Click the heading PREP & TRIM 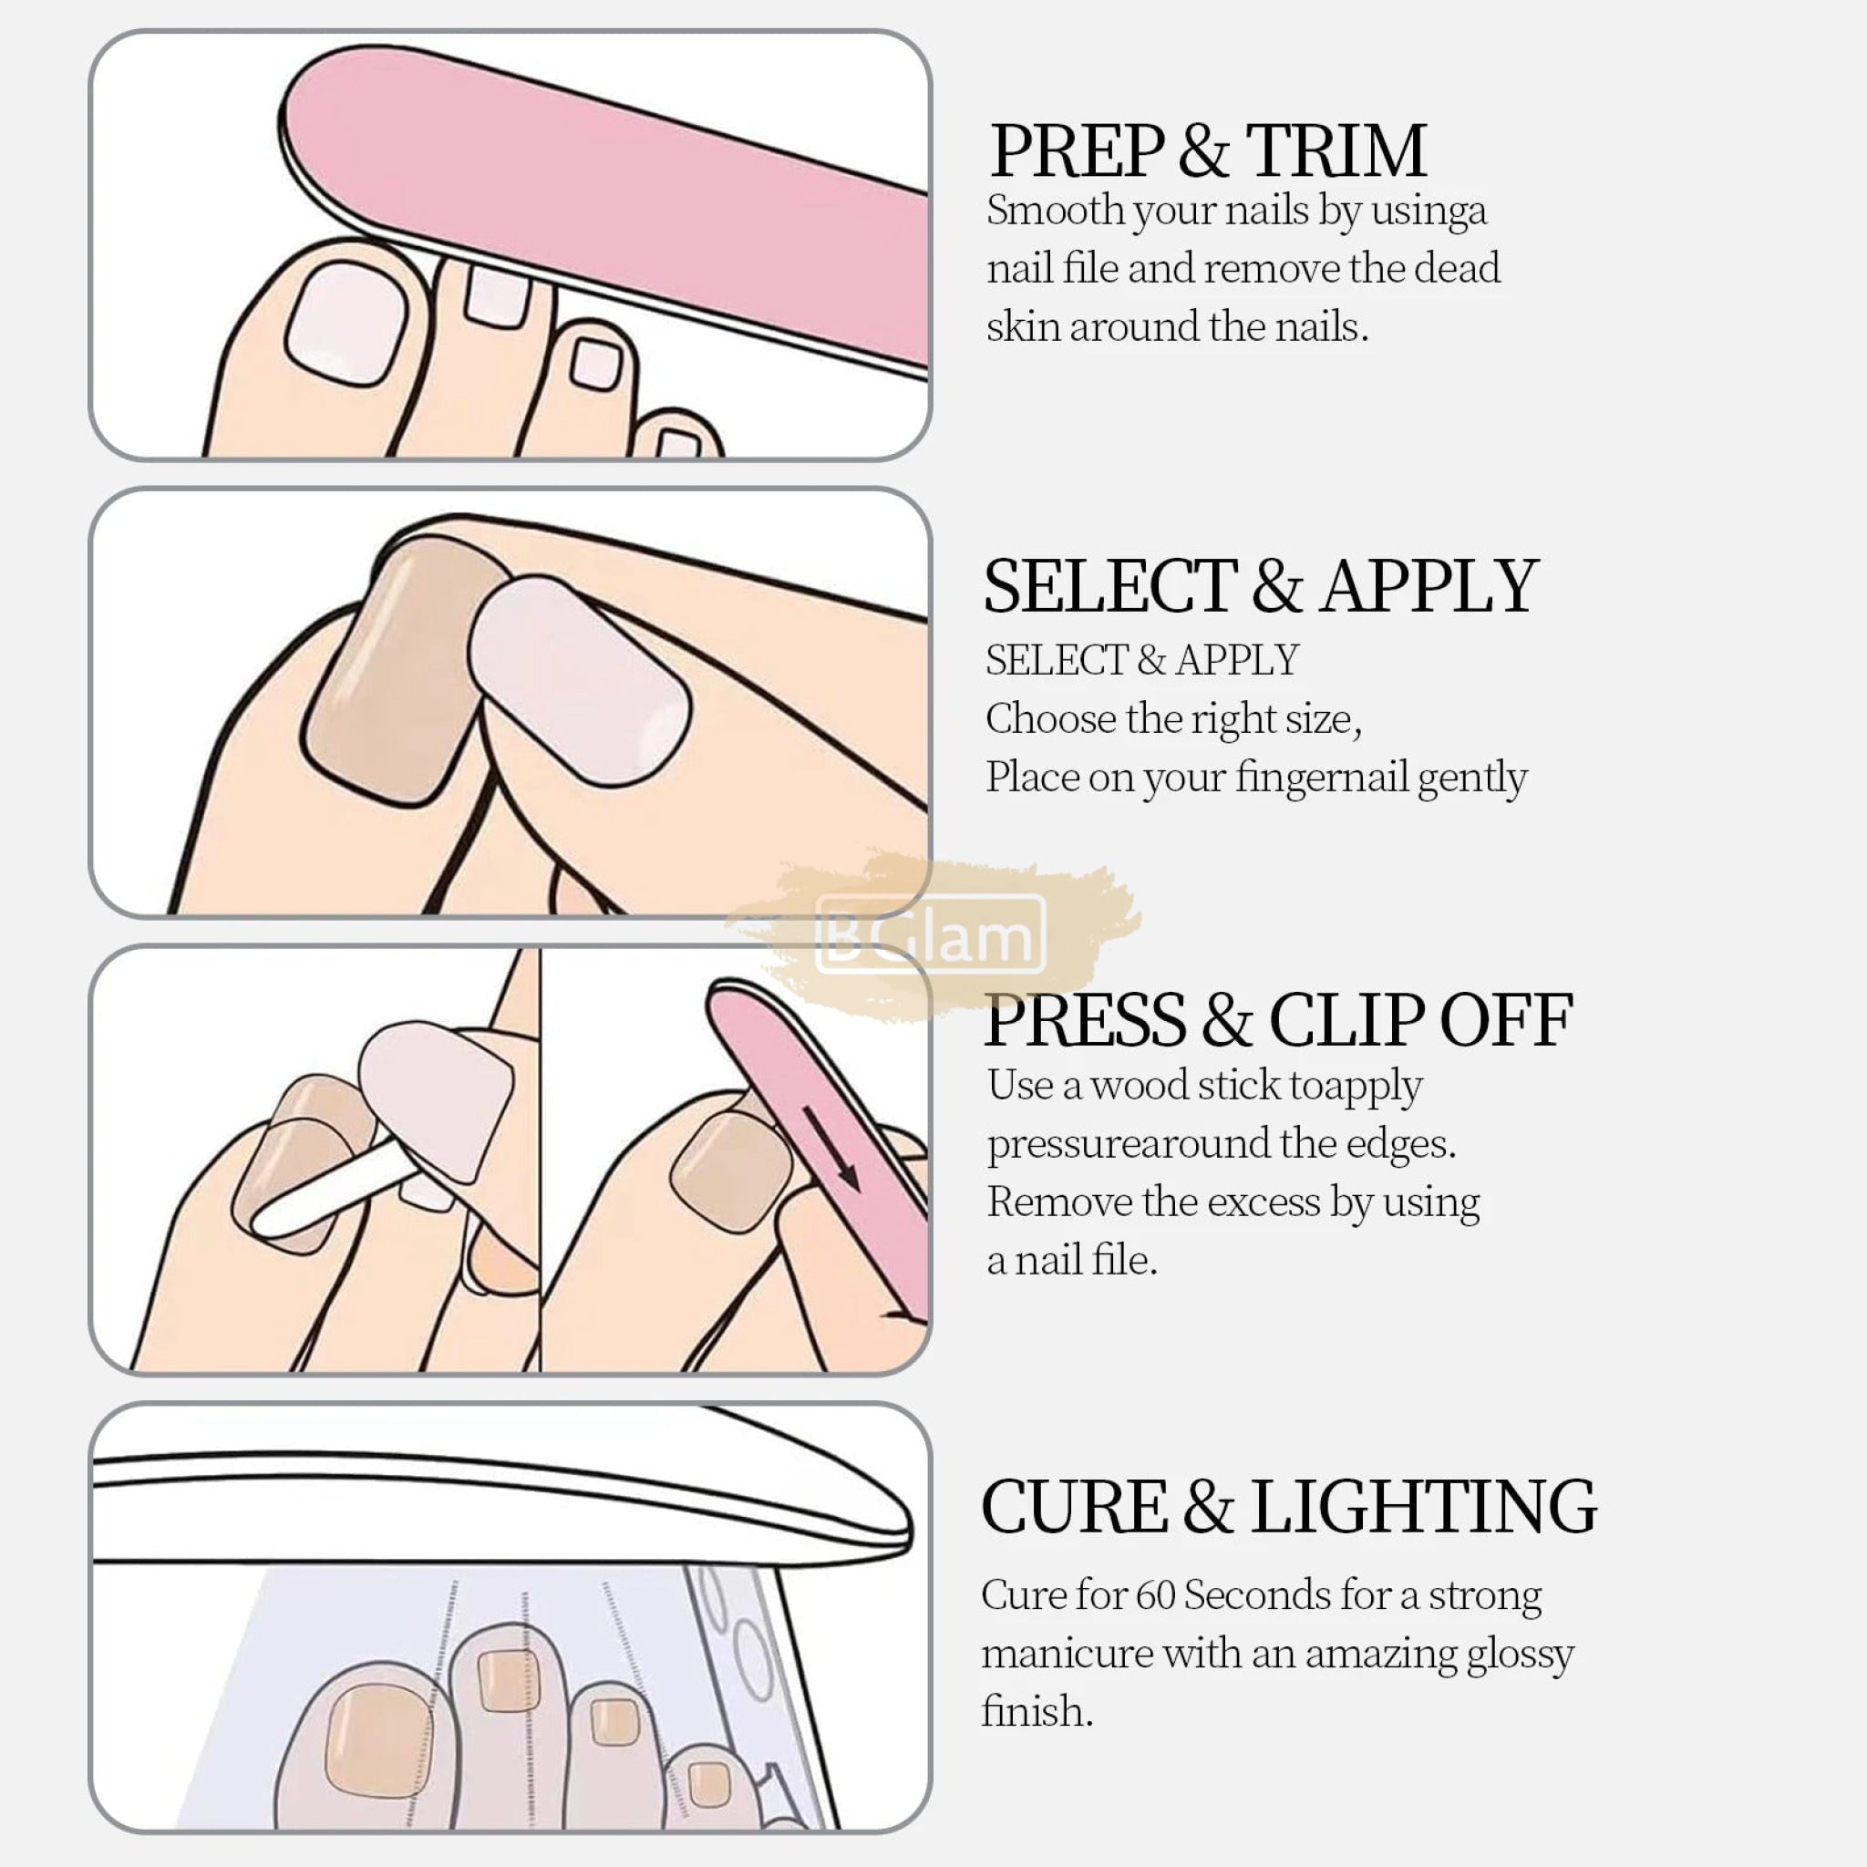tap(1208, 150)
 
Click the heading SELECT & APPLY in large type tap(1260, 586)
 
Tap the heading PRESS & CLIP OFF tap(1278, 1020)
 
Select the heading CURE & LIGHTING tap(1289, 1507)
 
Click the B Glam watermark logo tap(931, 934)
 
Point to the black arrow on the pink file tap(831, 1149)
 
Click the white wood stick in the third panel tap(334, 1189)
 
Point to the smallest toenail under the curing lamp tap(709, 1784)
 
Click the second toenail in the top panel tap(498, 295)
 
